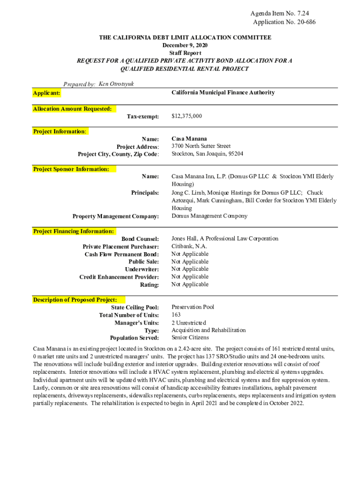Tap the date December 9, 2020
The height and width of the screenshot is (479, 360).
185,45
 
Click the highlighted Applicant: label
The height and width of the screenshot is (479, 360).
46,94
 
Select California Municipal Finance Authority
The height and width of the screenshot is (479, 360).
223,93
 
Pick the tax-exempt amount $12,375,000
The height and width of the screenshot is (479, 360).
187,116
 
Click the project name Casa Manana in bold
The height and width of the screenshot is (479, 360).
189,139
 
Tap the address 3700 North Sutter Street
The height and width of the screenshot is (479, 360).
201,146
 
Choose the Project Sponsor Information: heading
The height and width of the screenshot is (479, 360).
71,169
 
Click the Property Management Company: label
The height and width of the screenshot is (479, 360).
115,216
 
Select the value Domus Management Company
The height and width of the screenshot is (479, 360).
209,216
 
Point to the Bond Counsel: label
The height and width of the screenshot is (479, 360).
140,239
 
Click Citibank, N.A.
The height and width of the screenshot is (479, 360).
189,246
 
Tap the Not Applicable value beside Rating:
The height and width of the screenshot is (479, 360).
190,284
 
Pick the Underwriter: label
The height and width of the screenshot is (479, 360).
142,269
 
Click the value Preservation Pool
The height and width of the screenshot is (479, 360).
193,307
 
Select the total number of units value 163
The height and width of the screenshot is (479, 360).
176,315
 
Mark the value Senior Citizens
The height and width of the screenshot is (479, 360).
190,337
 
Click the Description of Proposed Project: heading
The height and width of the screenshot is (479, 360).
75,299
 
